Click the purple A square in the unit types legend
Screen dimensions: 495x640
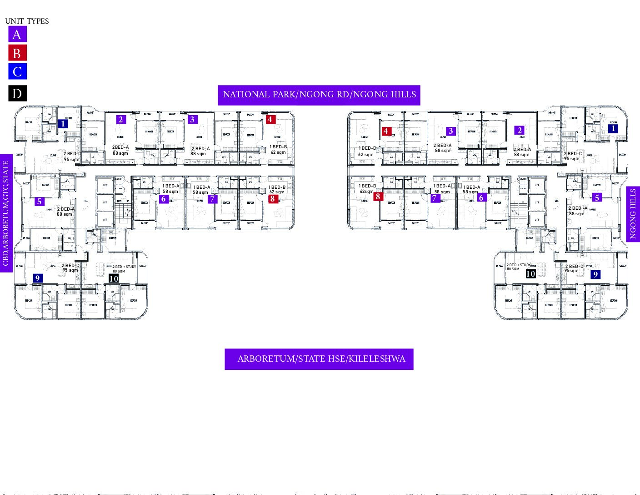pyautogui.click(x=17, y=34)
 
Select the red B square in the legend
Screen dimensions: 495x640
pyautogui.click(x=17, y=53)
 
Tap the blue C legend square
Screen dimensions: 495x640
pyautogui.click(x=17, y=71)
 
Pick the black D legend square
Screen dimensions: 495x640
pyautogui.click(x=17, y=93)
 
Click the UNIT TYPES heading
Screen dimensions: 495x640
pyautogui.click(x=27, y=21)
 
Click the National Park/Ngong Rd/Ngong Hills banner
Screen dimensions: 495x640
pyautogui.click(x=319, y=95)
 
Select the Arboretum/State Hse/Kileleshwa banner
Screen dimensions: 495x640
pyautogui.click(x=319, y=359)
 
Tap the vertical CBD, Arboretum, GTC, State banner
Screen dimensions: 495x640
pyautogui.click(x=6, y=213)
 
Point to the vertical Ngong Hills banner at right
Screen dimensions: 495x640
pyautogui.click(x=633, y=213)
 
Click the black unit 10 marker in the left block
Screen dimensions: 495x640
pyautogui.click(x=114, y=278)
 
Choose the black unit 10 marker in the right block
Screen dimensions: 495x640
pyautogui.click(x=530, y=274)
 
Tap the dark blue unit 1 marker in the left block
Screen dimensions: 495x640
pyautogui.click(x=63, y=123)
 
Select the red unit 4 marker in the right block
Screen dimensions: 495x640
pyautogui.click(x=386, y=131)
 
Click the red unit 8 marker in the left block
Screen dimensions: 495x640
pyautogui.click(x=273, y=198)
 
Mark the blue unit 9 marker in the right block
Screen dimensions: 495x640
pyautogui.click(x=595, y=274)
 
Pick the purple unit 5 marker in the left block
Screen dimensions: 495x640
pyautogui.click(x=40, y=202)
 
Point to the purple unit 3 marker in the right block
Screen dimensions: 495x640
pyautogui.click(x=451, y=131)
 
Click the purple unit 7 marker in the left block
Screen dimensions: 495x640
pyautogui.click(x=212, y=199)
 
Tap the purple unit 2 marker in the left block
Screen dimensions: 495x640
pyautogui.click(x=121, y=120)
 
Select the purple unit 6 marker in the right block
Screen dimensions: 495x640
pyautogui.click(x=481, y=198)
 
